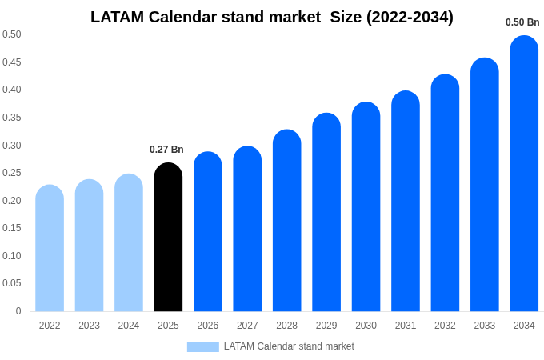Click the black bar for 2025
[168, 238]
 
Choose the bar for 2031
[406, 202]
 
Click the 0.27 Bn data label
[166, 150]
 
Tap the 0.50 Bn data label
[522, 22]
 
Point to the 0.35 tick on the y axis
[12, 118]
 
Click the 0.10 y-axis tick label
[12, 256]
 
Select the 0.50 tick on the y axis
[12, 34]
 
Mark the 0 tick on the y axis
[18, 311]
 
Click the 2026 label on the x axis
[208, 326]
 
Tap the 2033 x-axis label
[485, 326]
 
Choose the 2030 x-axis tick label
[366, 326]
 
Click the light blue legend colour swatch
[202, 347]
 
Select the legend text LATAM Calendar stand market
[289, 346]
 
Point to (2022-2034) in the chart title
[410, 17]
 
